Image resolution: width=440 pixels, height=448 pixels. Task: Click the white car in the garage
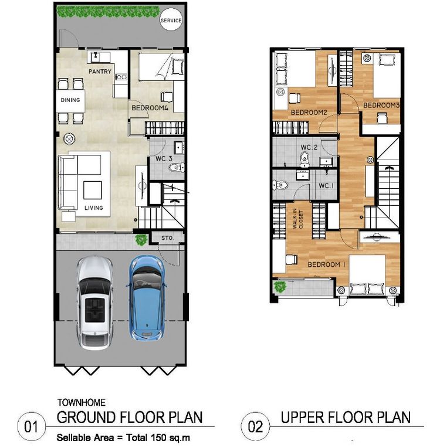(x=94, y=303)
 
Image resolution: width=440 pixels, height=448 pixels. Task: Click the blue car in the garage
(x=147, y=298)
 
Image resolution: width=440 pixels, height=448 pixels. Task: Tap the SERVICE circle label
(x=171, y=21)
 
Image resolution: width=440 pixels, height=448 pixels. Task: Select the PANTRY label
(x=100, y=71)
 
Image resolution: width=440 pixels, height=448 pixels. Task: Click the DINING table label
(x=70, y=100)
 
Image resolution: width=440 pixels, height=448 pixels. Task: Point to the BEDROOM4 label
(x=150, y=108)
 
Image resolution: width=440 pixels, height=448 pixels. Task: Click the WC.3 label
(x=164, y=158)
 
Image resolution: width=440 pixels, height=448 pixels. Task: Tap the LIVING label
(x=93, y=208)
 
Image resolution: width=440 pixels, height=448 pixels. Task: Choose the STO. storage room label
(x=168, y=238)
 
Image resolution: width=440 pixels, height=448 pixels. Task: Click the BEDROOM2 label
(x=309, y=112)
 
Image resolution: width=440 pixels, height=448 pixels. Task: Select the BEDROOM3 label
(x=381, y=105)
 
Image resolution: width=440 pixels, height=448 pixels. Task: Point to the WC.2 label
(x=309, y=147)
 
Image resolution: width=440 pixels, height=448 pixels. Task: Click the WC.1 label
(x=326, y=186)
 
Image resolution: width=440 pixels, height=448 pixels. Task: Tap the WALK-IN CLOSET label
(x=297, y=219)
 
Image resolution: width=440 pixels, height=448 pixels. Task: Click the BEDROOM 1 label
(x=326, y=264)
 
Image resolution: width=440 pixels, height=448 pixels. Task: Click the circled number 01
(x=31, y=427)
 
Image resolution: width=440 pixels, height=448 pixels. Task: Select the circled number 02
(x=255, y=426)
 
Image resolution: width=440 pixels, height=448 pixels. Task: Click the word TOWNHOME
(x=82, y=403)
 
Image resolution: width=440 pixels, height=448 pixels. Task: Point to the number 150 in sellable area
(x=158, y=437)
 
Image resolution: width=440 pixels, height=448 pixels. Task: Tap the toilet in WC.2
(x=304, y=159)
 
